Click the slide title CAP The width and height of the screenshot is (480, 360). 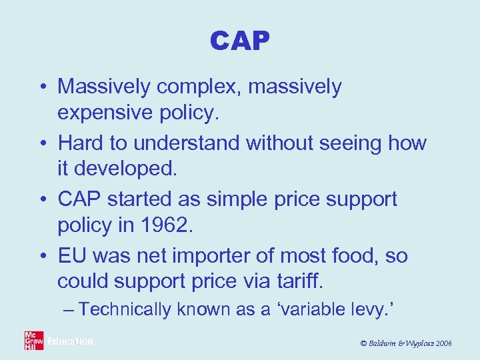(x=239, y=41)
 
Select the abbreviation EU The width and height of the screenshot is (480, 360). (x=73, y=256)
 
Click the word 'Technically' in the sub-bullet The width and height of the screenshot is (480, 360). (x=127, y=309)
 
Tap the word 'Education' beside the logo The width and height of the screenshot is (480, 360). (x=70, y=341)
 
